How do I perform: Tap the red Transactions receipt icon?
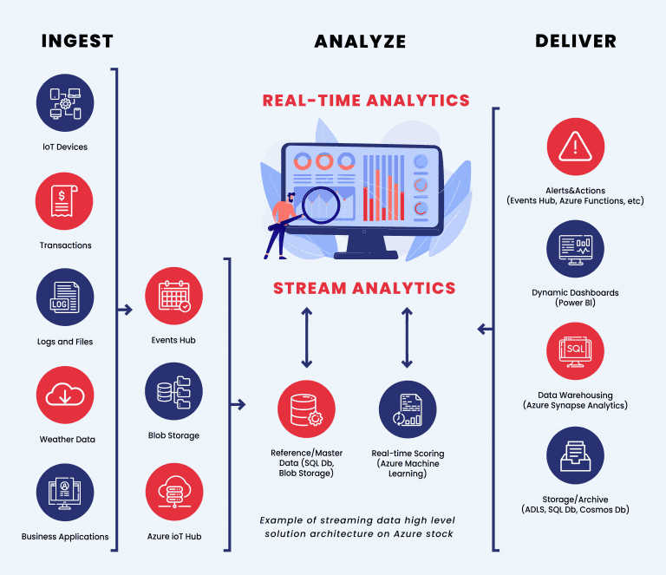coord(65,201)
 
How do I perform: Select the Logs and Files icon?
coord(65,297)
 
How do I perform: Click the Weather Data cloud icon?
coord(65,395)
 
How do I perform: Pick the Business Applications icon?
coord(65,493)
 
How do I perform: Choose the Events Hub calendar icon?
coord(174,296)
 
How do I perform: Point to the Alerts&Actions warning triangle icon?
coord(575,147)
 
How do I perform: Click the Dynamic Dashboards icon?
coord(575,249)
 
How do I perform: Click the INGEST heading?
coord(77,41)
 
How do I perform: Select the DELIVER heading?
coord(576,41)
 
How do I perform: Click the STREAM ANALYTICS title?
coord(365,288)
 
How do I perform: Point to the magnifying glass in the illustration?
coord(324,205)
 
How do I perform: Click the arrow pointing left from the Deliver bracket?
coord(484,330)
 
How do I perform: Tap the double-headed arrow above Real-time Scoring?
coord(407,337)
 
